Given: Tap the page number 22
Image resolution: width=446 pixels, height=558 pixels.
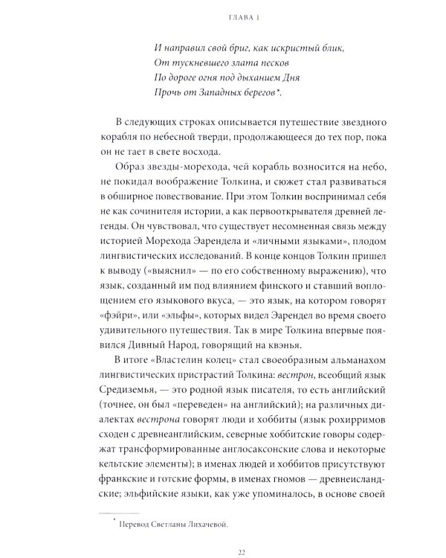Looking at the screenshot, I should [242, 551].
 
